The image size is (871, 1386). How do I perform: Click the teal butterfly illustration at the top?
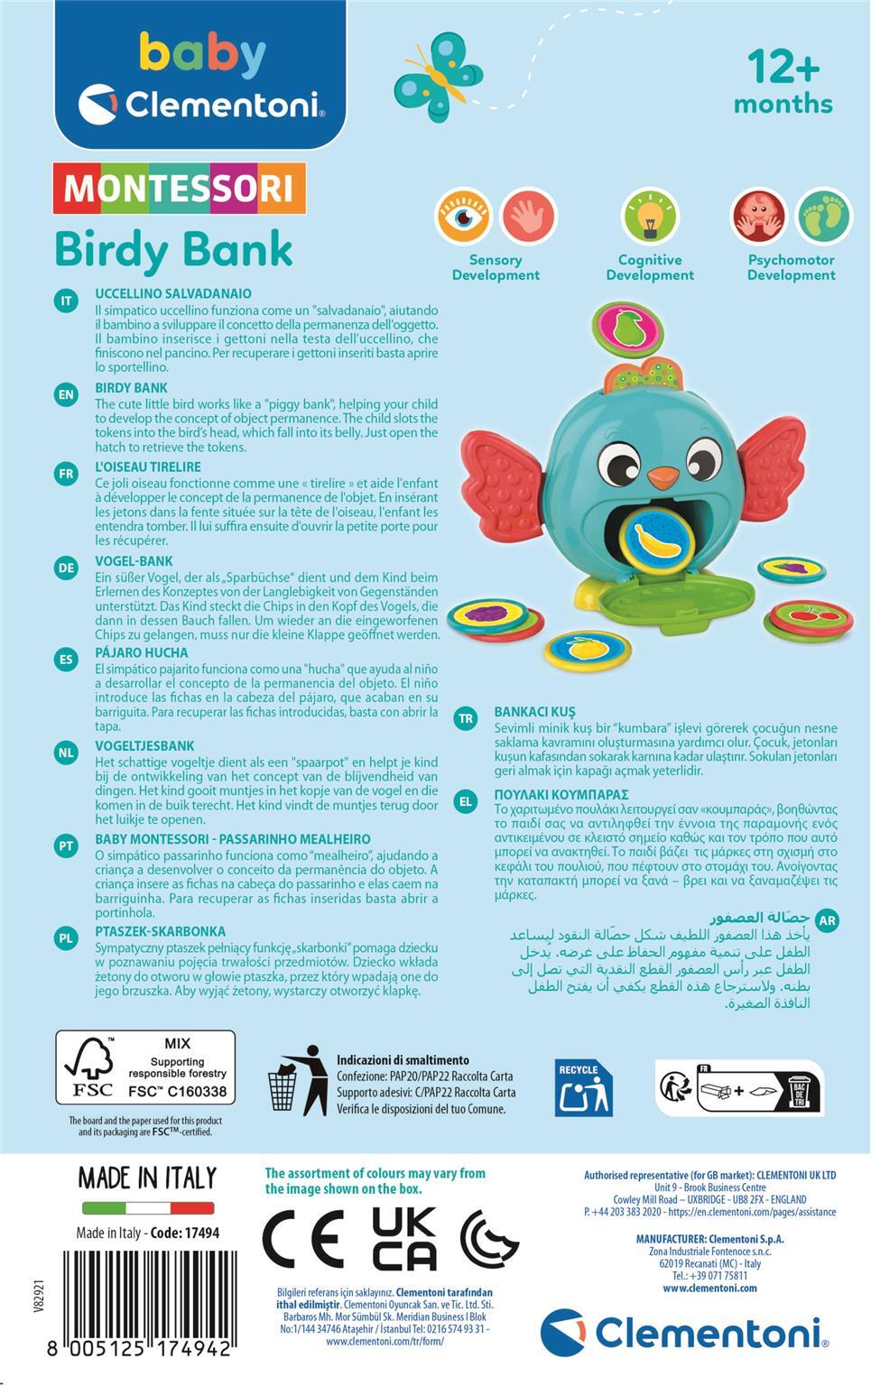click(438, 76)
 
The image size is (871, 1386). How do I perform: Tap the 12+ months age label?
click(783, 81)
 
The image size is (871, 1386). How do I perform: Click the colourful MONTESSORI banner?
click(180, 188)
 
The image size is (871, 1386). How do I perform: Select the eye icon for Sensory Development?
click(463, 217)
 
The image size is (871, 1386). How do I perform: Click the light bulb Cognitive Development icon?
click(649, 217)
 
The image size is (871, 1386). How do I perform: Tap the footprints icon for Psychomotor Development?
click(823, 217)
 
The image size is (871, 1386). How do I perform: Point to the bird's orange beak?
click(664, 475)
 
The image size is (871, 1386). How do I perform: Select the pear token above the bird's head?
click(625, 326)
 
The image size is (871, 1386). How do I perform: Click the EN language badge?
click(66, 394)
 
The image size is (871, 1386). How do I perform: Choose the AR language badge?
click(827, 920)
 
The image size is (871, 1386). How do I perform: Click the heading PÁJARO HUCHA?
click(142, 652)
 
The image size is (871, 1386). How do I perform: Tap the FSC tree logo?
click(89, 1068)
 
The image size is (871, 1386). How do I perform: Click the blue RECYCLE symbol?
click(583, 1087)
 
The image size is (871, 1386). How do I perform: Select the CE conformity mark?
click(303, 1237)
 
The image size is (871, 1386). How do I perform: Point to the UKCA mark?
click(404, 1237)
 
